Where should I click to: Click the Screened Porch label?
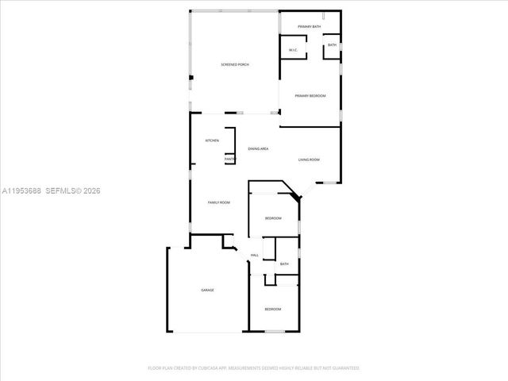234,64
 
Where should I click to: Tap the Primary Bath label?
310,28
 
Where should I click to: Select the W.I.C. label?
292,51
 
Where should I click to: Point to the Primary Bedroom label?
310,96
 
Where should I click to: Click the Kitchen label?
212,140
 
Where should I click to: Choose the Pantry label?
229,159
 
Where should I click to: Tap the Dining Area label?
258,149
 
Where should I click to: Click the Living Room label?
309,160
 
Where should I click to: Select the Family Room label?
218,203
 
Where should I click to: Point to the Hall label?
255,255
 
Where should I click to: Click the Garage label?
207,290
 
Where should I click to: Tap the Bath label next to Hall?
283,264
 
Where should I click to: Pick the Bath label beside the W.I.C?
332,45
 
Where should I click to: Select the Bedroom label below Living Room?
273,218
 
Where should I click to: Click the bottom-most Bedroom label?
272,309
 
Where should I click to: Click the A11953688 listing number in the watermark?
21,190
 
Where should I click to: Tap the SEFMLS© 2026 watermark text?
73,190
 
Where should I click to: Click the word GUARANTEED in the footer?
342,368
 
